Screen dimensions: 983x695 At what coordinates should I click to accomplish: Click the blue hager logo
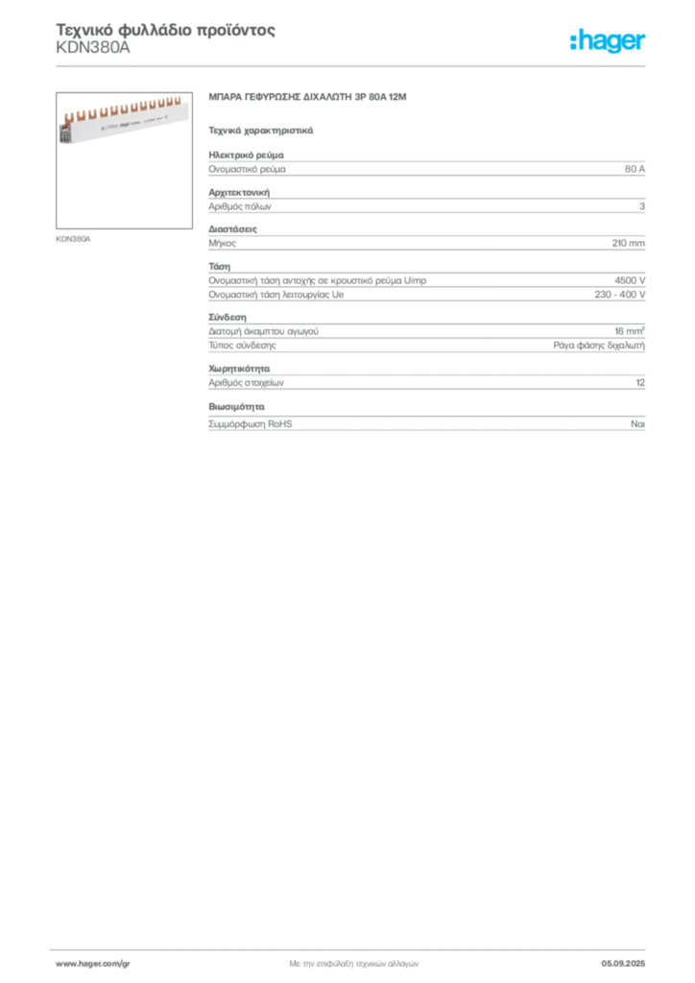point(609,42)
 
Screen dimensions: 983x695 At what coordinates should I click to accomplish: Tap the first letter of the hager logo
point(577,42)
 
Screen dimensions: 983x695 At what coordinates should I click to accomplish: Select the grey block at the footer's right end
point(630,959)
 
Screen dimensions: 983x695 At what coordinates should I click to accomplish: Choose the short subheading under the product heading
point(260,129)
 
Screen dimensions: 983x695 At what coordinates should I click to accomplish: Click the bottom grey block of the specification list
point(425,423)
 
